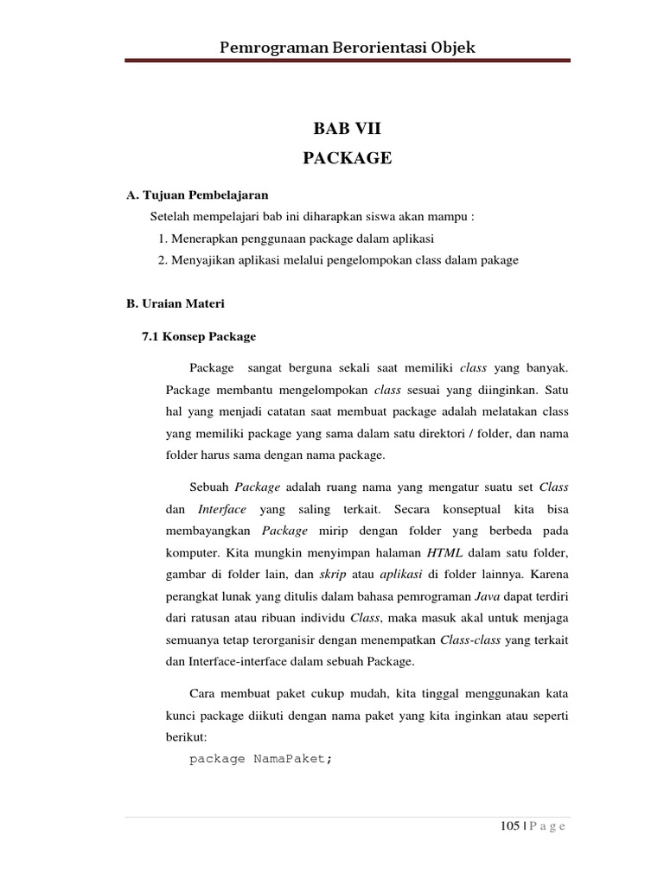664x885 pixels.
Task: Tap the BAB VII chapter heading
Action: point(347,129)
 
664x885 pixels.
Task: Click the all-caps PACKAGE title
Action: point(347,157)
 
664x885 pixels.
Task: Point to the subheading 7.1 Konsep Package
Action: point(198,335)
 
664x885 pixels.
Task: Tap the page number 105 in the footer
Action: point(509,826)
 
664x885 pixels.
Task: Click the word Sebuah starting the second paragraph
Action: point(208,487)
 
